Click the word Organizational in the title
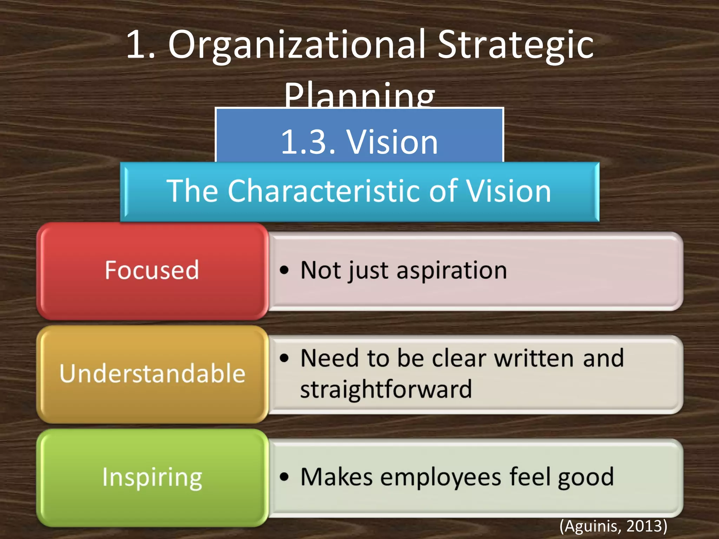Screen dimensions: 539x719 tap(297, 46)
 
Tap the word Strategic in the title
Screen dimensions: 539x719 tap(515, 46)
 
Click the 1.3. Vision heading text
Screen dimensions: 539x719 tap(359, 142)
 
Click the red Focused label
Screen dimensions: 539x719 tap(152, 270)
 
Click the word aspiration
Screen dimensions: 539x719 tap(452, 271)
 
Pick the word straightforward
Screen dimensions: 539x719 tap(386, 390)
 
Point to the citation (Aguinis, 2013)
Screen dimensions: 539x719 tap(613, 526)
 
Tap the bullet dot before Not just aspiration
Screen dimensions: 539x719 tap(284, 270)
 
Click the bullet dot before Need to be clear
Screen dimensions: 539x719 tap(284, 358)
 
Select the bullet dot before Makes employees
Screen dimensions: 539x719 tap(284, 477)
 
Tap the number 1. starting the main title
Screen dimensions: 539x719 tap(140, 46)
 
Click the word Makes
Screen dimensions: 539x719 tap(336, 477)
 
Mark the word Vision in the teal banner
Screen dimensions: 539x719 tap(508, 191)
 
